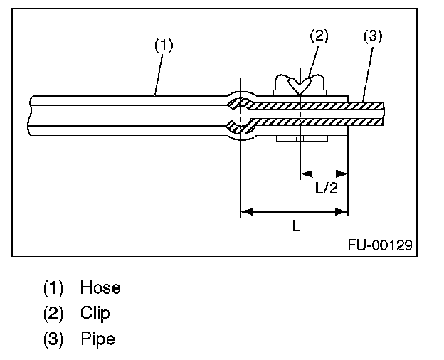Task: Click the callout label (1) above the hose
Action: pos(164,45)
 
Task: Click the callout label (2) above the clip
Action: pos(318,36)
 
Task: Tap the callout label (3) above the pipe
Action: pos(373,36)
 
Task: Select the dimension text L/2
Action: pos(326,189)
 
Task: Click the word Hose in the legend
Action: pos(100,288)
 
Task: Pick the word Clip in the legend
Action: pos(95,313)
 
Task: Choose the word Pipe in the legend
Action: pos(97,339)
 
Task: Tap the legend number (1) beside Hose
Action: pos(53,288)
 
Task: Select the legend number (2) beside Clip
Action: pos(53,313)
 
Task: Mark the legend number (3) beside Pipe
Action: pos(53,339)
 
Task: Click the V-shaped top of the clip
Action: pos(301,85)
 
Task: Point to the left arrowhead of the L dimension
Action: pos(246,211)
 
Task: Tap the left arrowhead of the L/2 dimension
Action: pos(305,172)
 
